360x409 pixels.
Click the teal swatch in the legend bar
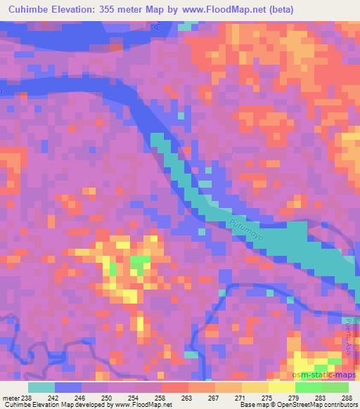[41, 387]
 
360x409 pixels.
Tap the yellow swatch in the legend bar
[281, 387]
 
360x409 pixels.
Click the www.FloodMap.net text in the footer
[145, 405]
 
